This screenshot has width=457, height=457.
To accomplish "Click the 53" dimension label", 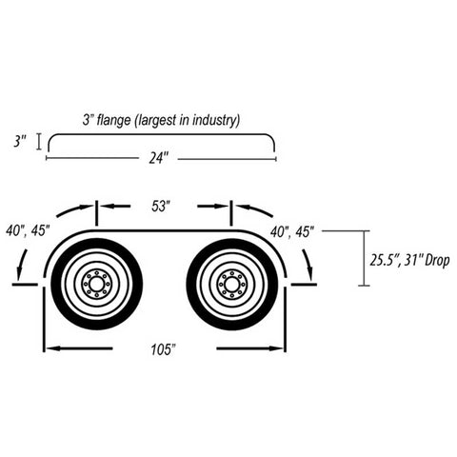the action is coord(162,207).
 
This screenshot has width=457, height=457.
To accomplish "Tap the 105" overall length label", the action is coord(163,349).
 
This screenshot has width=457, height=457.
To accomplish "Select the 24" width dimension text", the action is coord(158,158).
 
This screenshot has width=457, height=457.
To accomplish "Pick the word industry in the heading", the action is coord(216,120).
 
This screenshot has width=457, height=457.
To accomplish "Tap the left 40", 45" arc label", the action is coord(28,230).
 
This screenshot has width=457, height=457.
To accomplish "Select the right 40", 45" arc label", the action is coord(292,231).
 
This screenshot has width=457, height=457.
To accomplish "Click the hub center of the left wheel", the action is coord(96,284).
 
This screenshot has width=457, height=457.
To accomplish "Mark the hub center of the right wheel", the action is coord(232,284).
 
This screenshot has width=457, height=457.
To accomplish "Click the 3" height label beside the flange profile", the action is coord(19,142).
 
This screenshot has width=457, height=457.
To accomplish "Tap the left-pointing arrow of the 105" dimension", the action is coord(78,348).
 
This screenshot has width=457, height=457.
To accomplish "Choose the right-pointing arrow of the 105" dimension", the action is coord(249,348).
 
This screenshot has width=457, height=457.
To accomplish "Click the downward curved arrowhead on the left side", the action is coord(20,273).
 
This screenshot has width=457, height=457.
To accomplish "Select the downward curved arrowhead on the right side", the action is coord(310,273).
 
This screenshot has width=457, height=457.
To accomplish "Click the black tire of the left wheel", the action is coord(57,284).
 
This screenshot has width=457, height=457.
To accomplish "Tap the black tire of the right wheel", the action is coord(192,284).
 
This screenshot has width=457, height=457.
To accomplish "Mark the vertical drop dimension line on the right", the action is coord(365,258).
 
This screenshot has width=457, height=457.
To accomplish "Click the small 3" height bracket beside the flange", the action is coord(39,142).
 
